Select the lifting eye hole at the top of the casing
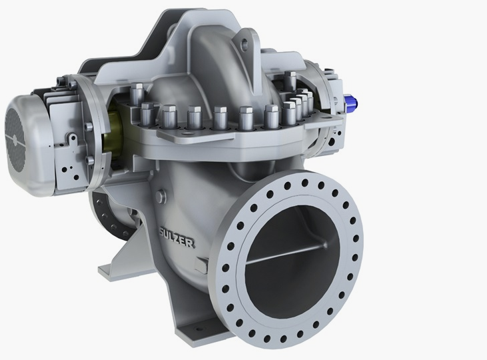tap(245, 45)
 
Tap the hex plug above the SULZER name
tap(161, 197)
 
